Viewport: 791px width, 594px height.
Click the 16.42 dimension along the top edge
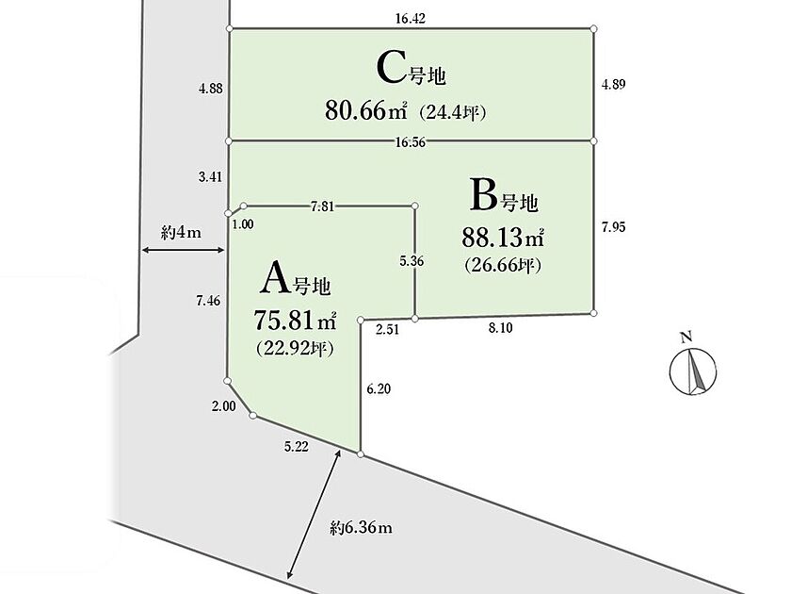point(411,19)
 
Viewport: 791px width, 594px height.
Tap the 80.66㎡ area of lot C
point(365,109)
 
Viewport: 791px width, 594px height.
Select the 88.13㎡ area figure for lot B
point(503,237)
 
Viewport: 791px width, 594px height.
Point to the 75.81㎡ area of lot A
point(295,320)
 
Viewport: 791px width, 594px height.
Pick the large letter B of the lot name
point(484,194)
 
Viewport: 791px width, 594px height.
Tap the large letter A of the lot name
point(275,278)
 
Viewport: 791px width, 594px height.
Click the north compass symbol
point(693,367)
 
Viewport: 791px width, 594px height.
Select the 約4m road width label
point(181,233)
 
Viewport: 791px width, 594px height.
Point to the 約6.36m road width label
point(362,528)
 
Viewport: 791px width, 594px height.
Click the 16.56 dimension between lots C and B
point(411,142)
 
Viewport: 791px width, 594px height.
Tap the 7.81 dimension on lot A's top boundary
point(322,206)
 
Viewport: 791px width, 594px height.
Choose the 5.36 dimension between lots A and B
point(412,261)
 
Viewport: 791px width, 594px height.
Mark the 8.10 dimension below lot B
point(500,328)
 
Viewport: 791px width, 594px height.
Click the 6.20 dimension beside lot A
point(379,388)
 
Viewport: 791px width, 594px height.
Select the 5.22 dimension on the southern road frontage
point(297,447)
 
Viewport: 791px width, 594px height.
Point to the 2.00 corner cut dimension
point(223,406)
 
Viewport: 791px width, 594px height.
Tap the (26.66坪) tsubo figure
point(503,265)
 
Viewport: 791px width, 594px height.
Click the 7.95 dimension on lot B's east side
point(613,227)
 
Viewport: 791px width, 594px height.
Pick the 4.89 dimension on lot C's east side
point(613,84)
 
